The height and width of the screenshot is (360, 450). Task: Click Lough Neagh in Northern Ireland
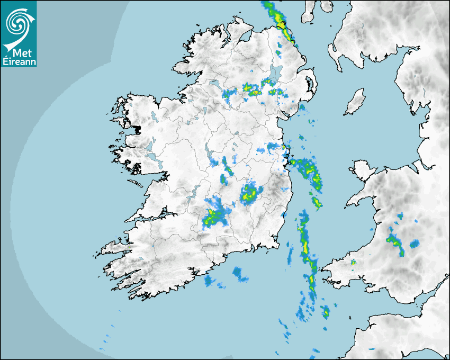point(276,73)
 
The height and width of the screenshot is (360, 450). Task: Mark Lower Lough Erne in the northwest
point(214,83)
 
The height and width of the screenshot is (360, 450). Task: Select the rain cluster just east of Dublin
point(309,170)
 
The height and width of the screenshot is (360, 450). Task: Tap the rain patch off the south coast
point(240,274)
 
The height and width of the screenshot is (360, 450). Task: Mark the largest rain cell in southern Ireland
point(214,215)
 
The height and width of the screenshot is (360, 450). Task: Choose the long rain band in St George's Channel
point(308,254)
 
